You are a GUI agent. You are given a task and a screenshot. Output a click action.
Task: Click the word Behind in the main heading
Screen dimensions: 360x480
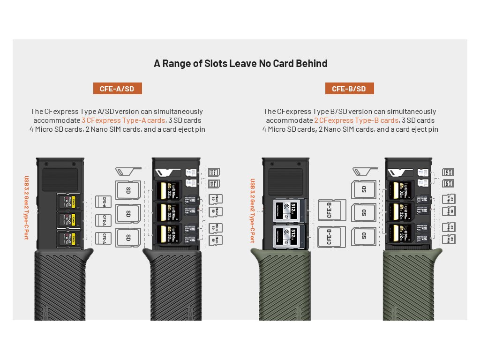[x=307, y=63]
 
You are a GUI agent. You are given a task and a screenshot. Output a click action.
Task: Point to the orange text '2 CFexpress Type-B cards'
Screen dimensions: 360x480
[x=356, y=120]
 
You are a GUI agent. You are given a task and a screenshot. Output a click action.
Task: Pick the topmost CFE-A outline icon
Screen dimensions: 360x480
[x=103, y=202]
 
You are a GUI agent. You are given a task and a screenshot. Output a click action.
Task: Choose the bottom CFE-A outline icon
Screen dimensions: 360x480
[x=103, y=238]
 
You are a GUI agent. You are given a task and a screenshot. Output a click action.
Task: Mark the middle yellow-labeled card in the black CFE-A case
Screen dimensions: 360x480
[x=68, y=220]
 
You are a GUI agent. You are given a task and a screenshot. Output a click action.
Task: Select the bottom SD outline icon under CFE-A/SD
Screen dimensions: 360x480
[x=128, y=237]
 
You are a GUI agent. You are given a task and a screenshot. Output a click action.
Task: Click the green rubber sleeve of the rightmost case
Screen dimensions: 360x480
[x=406, y=286]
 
